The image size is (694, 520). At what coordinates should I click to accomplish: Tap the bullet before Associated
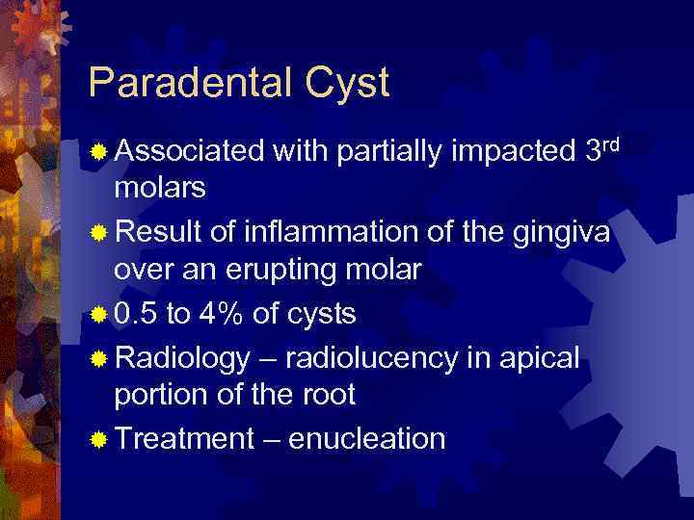pyautogui.click(x=98, y=152)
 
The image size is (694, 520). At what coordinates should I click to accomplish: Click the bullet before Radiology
pyautogui.click(x=98, y=359)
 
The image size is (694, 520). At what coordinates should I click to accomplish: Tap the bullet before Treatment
pyautogui.click(x=98, y=440)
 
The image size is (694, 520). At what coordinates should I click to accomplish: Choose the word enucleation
pyautogui.click(x=366, y=439)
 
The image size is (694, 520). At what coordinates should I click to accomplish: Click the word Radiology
pyautogui.click(x=182, y=358)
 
